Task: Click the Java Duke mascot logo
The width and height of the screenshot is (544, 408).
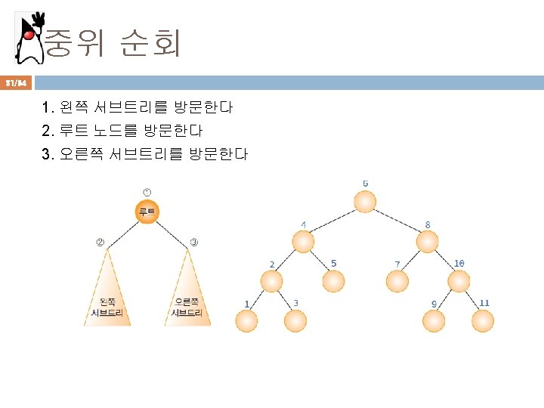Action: (29, 37)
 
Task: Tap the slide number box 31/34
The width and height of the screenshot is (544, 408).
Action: (16, 82)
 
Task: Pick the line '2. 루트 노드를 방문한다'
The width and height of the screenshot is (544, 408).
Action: (122, 131)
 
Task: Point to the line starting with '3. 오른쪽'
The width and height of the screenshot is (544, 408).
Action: (145, 154)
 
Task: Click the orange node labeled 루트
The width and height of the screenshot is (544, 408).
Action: (147, 212)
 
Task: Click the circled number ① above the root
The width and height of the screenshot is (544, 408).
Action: (147, 193)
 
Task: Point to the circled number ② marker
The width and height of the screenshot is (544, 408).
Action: (99, 243)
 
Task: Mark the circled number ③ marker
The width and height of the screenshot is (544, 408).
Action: (194, 243)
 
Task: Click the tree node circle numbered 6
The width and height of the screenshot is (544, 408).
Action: (366, 202)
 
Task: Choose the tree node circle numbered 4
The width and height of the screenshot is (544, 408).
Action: (304, 242)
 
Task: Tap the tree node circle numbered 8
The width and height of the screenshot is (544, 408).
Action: (428, 242)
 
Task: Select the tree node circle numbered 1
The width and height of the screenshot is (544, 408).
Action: (246, 322)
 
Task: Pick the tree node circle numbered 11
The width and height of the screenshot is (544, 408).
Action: (483, 322)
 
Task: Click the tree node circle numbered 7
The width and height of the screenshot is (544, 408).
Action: (397, 281)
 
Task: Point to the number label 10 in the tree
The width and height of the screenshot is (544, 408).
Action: (459, 263)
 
